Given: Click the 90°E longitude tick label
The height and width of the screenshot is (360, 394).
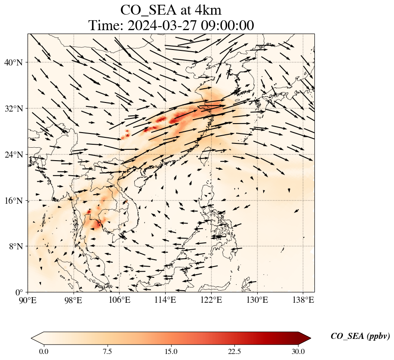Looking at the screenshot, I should [28, 299].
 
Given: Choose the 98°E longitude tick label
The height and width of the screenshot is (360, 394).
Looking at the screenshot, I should [74, 299].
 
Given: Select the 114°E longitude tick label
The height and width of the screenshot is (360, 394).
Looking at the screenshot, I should [165, 299].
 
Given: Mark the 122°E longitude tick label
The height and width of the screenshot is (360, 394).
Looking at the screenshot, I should [211, 299].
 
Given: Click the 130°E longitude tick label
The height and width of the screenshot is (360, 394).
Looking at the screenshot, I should [257, 299].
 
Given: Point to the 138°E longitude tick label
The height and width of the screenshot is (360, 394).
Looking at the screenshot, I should [303, 299].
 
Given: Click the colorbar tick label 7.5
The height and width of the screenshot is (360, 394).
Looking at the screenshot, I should [107, 351].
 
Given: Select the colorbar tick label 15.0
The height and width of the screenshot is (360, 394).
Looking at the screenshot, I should [171, 351].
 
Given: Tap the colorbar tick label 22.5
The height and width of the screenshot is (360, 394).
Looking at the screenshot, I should [234, 351].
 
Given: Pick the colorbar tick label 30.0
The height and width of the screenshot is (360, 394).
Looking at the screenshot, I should [298, 351].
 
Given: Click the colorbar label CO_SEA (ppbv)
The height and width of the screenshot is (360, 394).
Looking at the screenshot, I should [360, 336].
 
